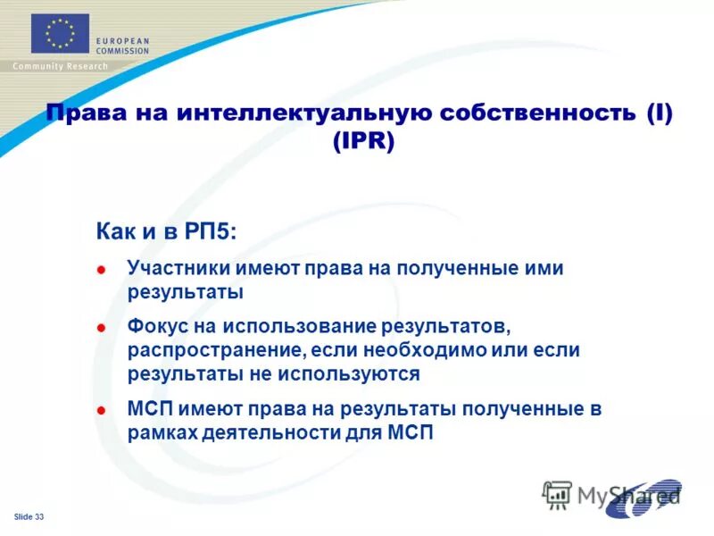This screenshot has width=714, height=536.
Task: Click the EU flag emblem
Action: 60,33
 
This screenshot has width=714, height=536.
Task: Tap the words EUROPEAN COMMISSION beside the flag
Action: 123,46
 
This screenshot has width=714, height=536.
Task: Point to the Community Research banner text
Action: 60,67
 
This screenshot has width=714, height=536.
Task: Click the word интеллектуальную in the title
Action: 292,115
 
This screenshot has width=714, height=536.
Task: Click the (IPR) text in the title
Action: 361,142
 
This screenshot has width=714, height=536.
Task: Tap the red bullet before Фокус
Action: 102,327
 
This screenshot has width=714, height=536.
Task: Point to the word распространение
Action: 214,349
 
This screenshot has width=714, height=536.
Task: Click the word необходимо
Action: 413,349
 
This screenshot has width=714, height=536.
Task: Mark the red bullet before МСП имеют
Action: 102,411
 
